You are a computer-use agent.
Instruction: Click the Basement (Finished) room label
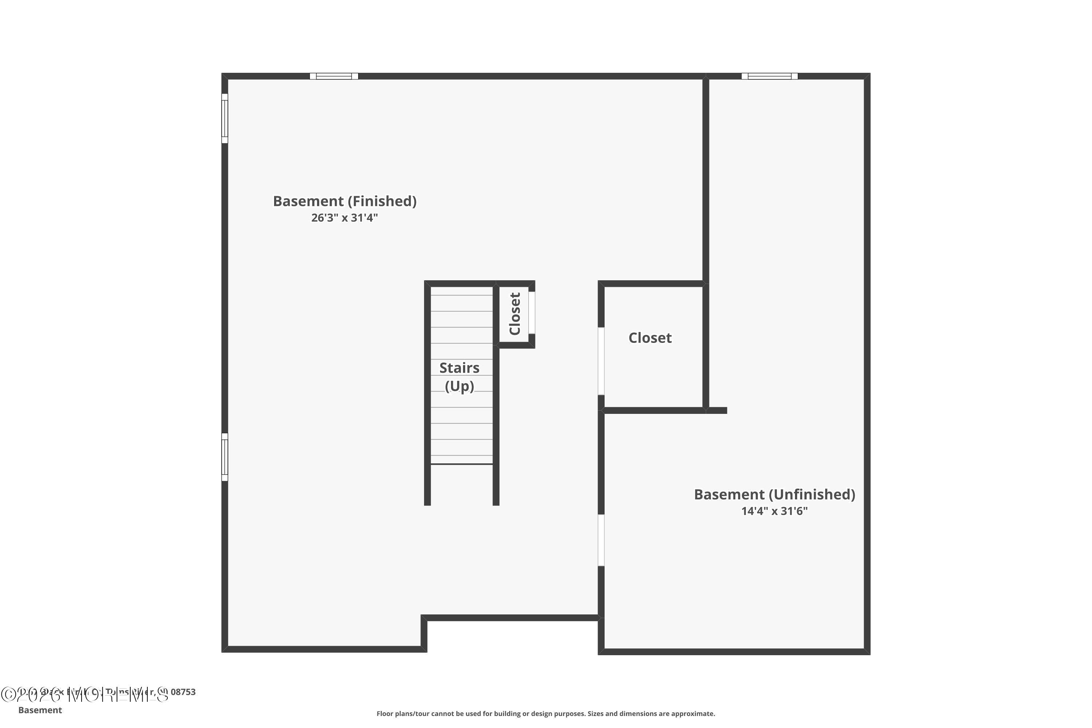(x=344, y=201)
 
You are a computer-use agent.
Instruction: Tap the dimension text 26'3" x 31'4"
(x=344, y=218)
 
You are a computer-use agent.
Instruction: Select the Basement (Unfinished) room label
(x=775, y=494)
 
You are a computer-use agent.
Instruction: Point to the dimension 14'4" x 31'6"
(x=775, y=511)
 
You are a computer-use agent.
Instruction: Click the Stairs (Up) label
(x=459, y=376)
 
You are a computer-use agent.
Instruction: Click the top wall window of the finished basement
(x=334, y=76)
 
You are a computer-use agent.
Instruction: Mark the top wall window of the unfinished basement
(x=769, y=76)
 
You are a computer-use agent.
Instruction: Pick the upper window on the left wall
(x=225, y=118)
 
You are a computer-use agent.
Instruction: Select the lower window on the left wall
(x=225, y=457)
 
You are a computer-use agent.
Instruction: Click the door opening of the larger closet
(x=601, y=361)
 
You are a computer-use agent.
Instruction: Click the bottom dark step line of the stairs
(x=462, y=464)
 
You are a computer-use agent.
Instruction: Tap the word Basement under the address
(x=40, y=710)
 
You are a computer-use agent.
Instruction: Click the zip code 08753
(x=183, y=692)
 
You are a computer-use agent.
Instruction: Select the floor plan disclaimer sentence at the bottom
(x=546, y=713)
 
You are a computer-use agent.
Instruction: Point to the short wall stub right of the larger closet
(x=718, y=411)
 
